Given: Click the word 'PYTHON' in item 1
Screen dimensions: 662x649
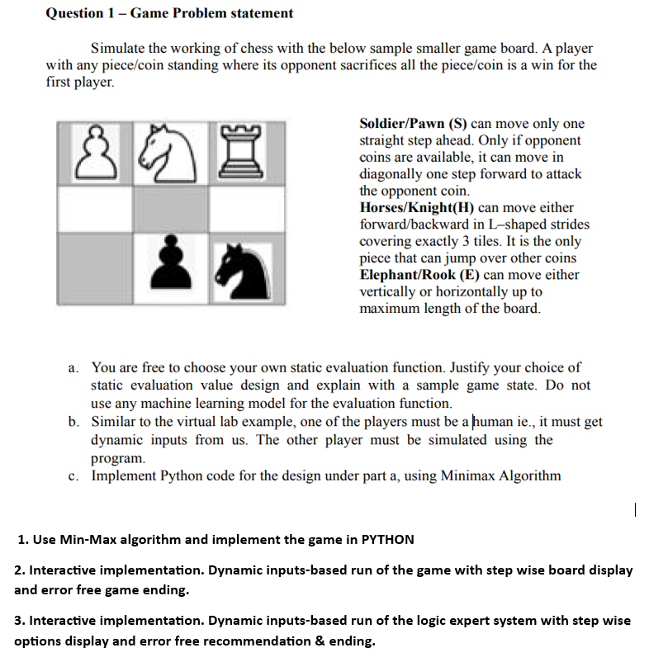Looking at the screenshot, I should (x=387, y=540).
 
